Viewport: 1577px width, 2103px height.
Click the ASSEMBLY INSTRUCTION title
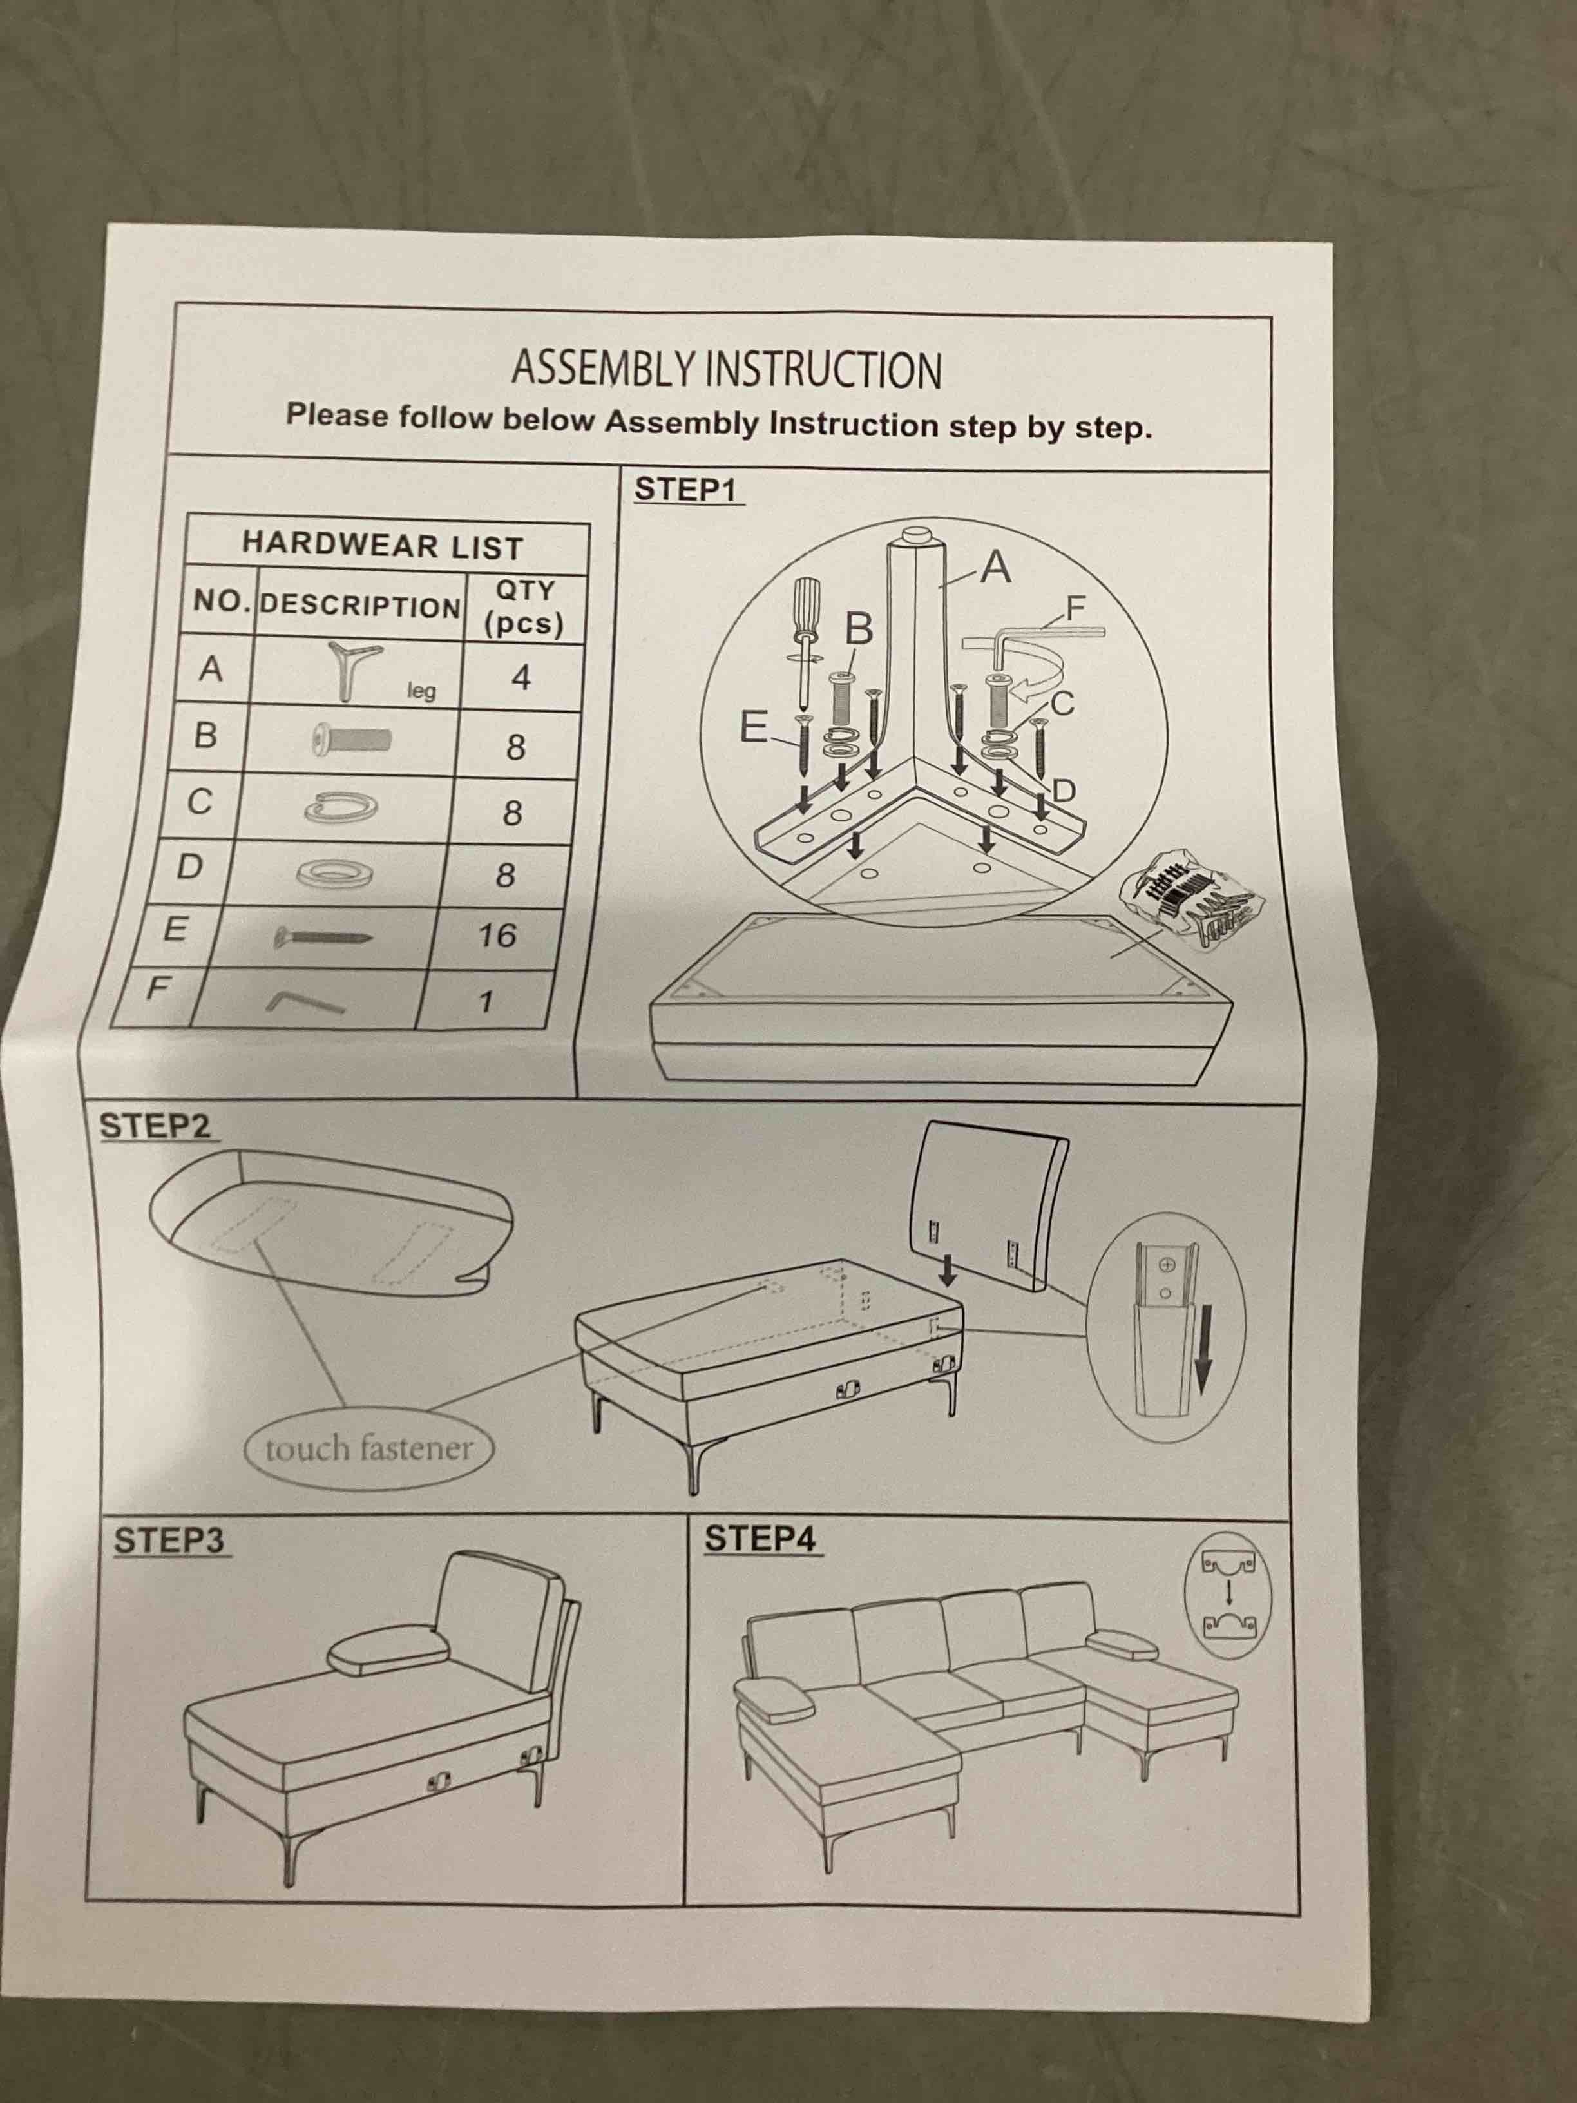(726, 369)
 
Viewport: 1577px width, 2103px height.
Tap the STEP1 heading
(685, 490)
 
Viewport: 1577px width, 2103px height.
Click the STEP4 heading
(760, 1539)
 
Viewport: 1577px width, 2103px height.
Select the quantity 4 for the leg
(520, 678)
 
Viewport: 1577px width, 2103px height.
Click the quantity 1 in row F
(486, 1001)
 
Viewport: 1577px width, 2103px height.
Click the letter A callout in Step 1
(995, 568)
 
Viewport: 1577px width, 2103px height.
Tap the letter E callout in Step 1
(753, 729)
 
